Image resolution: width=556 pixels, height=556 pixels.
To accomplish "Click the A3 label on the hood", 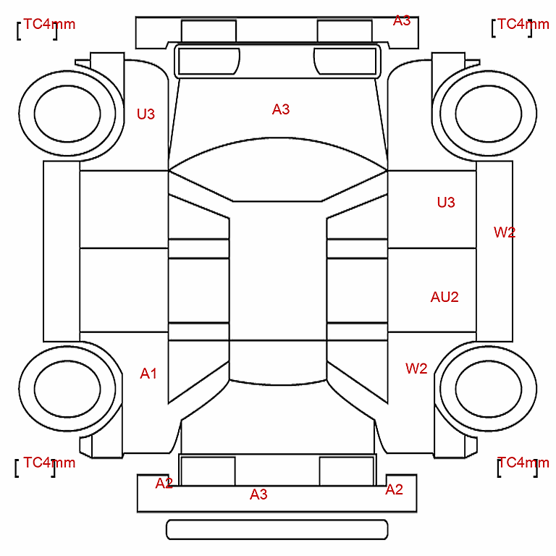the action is tap(281, 109).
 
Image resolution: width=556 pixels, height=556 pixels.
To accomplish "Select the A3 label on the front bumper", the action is tap(402, 20).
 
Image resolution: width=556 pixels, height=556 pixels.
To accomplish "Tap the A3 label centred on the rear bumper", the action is tap(258, 494).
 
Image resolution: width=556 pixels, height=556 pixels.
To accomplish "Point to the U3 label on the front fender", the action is tap(146, 114).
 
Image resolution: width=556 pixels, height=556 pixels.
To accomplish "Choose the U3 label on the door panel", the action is tap(446, 203).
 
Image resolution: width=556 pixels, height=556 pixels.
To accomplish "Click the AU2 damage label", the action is tap(445, 297).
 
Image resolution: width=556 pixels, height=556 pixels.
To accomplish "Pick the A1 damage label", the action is tap(148, 374).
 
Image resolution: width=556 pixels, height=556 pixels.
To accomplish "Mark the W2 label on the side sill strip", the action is tap(505, 232).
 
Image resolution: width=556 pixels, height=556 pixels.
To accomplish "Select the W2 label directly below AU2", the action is tap(416, 368).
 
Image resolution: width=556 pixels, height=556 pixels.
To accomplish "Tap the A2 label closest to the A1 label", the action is tap(164, 483).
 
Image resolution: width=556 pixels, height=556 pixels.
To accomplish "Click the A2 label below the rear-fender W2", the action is tap(394, 489).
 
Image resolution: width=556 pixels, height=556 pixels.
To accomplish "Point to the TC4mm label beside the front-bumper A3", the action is tap(523, 24).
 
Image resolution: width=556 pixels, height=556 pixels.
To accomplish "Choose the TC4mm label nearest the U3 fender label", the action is tap(49, 24).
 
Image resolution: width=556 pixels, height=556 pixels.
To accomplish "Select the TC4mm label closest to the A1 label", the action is tap(49, 463).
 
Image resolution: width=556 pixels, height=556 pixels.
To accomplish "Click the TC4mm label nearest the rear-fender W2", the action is tap(523, 463).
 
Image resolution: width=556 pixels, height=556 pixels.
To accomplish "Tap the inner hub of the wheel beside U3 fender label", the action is tap(67, 114).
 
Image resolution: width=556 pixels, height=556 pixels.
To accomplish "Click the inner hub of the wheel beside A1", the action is tap(67, 389).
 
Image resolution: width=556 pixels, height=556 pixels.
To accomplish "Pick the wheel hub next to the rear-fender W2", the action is tap(488, 389).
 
